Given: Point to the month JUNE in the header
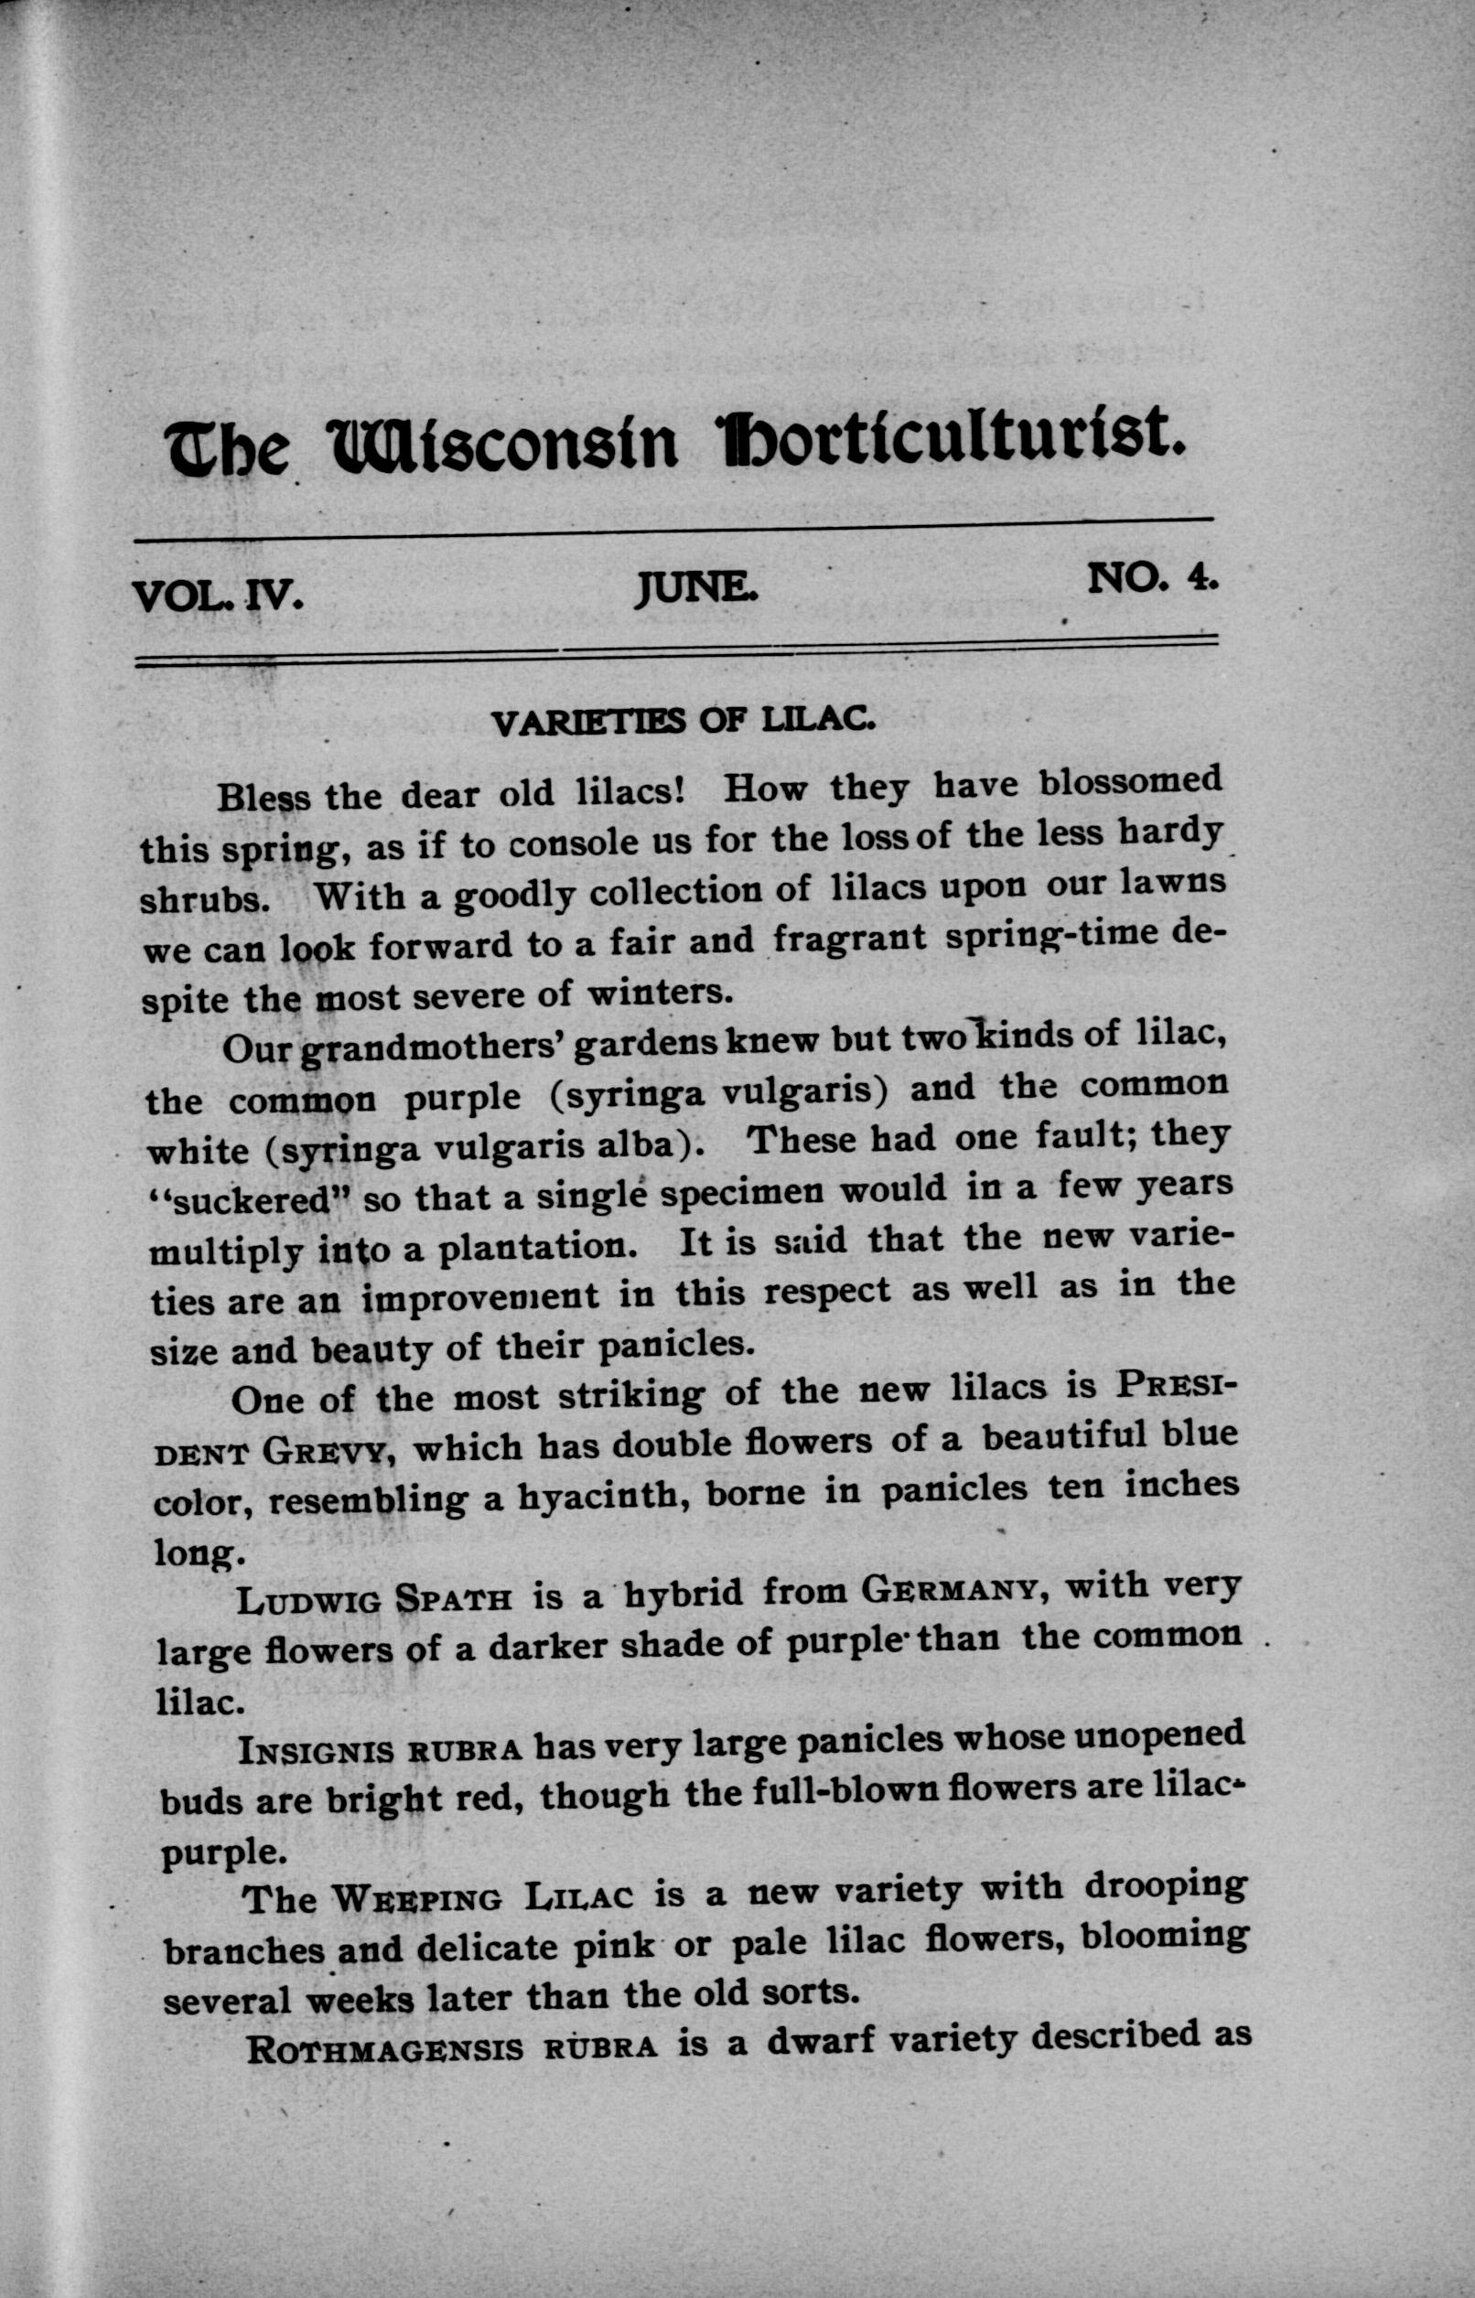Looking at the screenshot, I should pos(695,587).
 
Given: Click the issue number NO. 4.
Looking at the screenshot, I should pos(1152,577).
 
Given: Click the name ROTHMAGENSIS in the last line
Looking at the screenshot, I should pos(385,2049).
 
